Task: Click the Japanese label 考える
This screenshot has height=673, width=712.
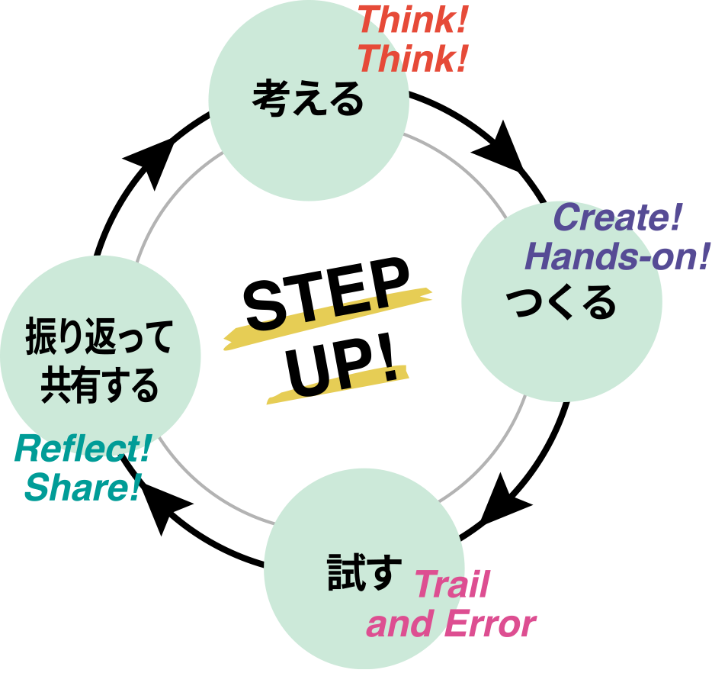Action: (308, 100)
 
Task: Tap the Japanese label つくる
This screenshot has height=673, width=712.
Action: (561, 303)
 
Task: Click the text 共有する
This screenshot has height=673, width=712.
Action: (100, 385)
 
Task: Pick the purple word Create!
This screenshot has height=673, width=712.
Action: (616, 218)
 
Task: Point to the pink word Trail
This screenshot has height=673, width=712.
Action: (451, 585)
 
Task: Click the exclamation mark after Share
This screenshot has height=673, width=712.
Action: (135, 487)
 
